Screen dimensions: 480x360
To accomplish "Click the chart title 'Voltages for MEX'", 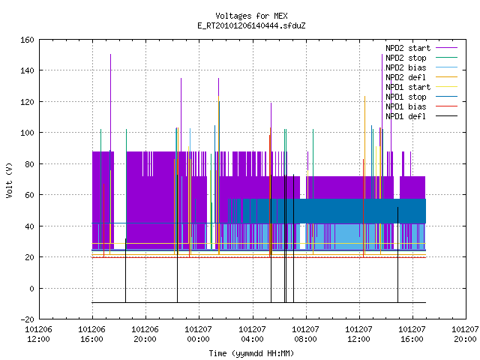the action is click(x=251, y=16).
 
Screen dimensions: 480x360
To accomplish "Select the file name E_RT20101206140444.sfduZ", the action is click(x=251, y=25).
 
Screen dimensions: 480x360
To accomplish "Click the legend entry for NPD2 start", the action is click(x=408, y=48).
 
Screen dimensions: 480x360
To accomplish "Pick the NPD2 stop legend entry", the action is click(x=406, y=58).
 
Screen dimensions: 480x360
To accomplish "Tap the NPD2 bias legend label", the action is click(x=406, y=67).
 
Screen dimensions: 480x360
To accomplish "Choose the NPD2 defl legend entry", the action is click(x=406, y=77).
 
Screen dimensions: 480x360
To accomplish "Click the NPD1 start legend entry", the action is click(x=408, y=87).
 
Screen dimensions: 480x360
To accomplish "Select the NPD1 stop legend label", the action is click(x=406, y=97).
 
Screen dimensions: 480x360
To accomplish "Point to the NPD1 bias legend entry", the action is click(x=406, y=106).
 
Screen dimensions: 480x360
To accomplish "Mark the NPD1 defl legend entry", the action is click(x=406, y=116).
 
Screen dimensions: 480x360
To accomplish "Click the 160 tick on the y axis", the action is click(x=27, y=40).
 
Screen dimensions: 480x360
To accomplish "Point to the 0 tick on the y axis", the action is click(x=31, y=288).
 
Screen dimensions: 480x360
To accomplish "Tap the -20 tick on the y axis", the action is click(x=27, y=319).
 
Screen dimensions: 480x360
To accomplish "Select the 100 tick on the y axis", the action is click(x=27, y=133).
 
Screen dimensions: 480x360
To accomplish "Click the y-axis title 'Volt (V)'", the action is click(x=9, y=180).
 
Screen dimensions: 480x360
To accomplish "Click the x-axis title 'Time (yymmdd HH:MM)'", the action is click(x=251, y=353).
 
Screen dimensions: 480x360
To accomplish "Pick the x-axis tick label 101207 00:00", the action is click(x=198, y=334).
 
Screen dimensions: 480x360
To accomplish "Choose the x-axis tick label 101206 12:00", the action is click(x=38, y=334).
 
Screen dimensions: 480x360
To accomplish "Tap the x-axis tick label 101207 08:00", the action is click(x=305, y=334).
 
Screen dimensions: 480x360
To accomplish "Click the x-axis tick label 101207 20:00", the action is click(x=465, y=334).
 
